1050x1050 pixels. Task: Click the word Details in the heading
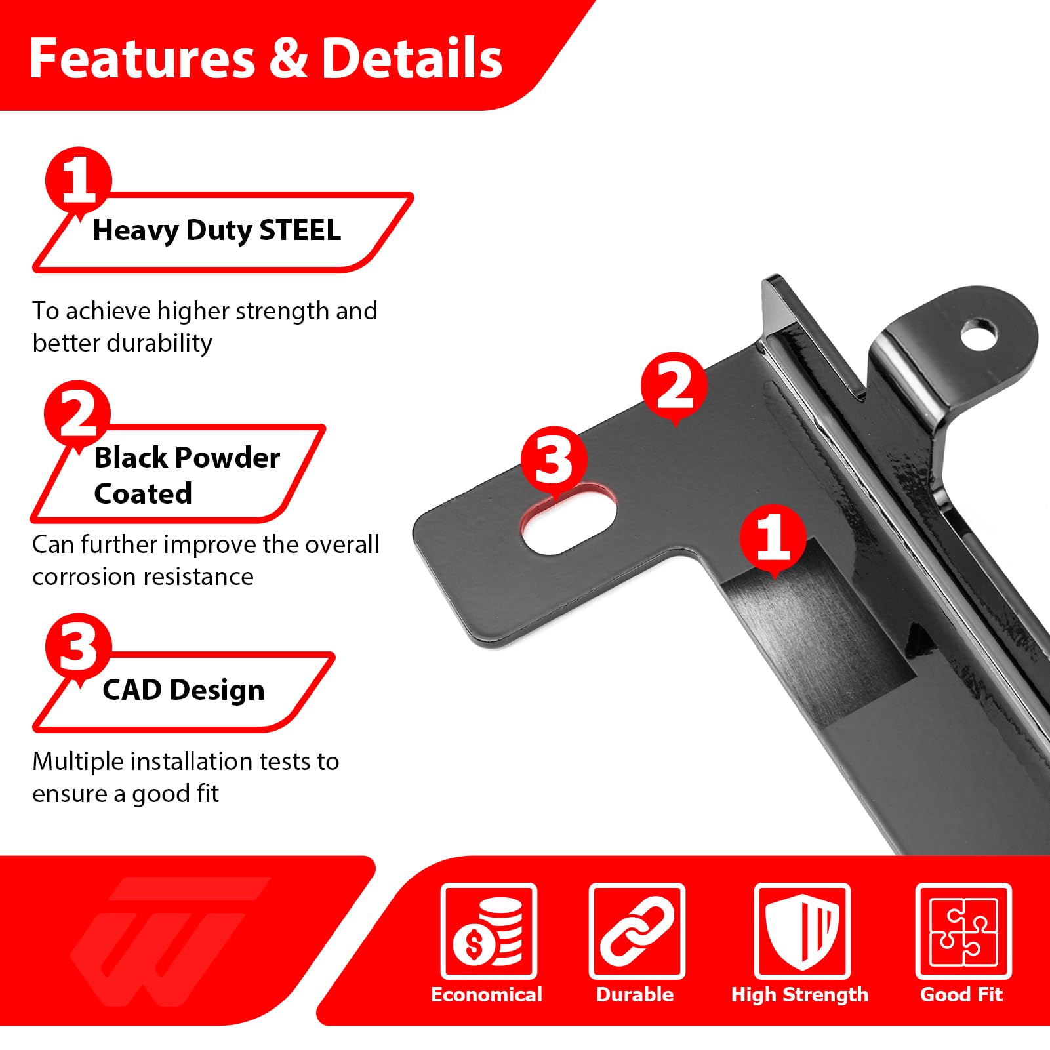click(x=412, y=58)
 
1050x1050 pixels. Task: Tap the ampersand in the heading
click(x=288, y=58)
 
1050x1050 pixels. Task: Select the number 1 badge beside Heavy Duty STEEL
click(x=79, y=180)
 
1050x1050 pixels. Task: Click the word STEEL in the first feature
click(x=300, y=230)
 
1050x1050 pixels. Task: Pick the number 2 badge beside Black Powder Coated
click(x=77, y=414)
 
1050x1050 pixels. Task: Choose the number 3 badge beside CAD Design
click(x=79, y=647)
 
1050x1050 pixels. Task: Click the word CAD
click(x=132, y=690)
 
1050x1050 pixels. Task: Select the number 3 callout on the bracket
click(x=554, y=459)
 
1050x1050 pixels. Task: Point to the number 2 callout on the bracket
click(x=674, y=386)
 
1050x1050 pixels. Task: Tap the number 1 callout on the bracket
click(x=773, y=538)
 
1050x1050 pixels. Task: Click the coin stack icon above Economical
click(x=489, y=931)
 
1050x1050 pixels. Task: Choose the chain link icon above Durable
click(x=637, y=931)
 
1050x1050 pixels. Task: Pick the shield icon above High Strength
click(x=802, y=931)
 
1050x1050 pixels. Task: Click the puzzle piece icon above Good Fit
click(x=963, y=931)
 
